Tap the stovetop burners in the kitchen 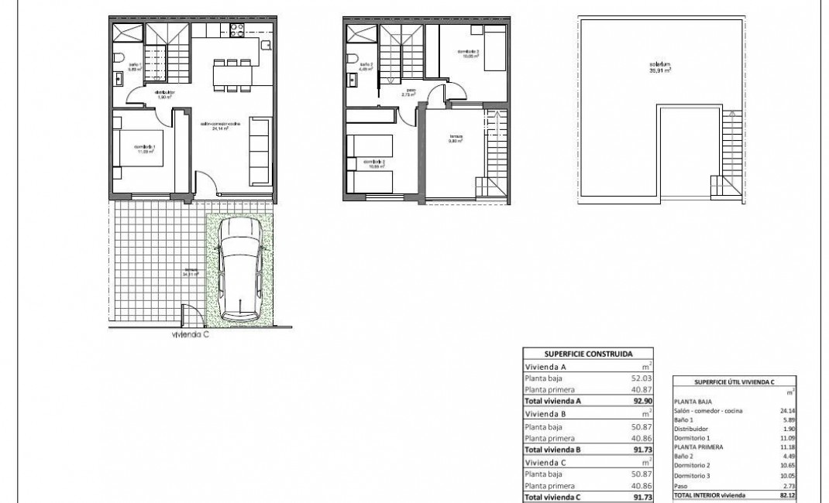point(237,30)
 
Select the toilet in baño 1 point(117,58)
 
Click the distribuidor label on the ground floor point(158,94)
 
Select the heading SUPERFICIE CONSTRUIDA point(588,353)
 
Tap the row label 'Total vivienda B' point(553,449)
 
